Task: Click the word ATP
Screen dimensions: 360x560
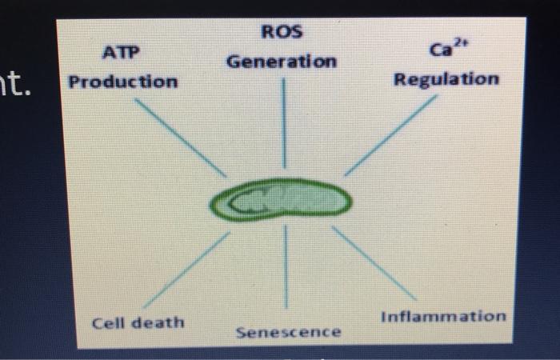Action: [121, 53]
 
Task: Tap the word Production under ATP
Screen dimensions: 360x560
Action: [123, 82]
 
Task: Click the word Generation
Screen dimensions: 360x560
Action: [282, 62]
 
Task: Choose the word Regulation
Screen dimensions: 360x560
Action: [446, 79]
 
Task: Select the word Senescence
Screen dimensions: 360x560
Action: [288, 331]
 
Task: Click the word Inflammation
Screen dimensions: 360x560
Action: [442, 316]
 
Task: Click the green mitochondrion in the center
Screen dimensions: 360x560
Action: [282, 201]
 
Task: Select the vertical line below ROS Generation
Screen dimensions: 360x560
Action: [283, 120]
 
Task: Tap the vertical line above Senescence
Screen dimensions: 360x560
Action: [286, 268]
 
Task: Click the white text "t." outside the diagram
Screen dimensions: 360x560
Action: [20, 80]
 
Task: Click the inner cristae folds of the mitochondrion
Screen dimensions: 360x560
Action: [264, 203]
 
